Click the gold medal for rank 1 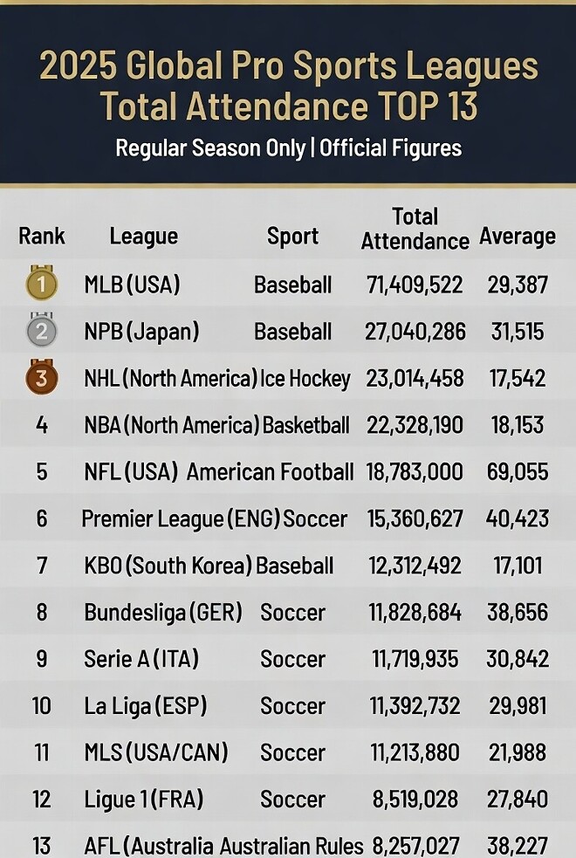tap(42, 283)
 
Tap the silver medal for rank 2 tap(42, 330)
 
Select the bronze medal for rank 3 tap(42, 377)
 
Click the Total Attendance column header tap(415, 229)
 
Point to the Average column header tap(518, 237)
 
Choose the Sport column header tap(292, 237)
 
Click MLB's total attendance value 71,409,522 tap(415, 285)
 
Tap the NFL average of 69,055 tap(518, 472)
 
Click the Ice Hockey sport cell tap(305, 379)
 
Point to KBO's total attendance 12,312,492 tap(415, 566)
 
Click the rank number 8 tap(42, 613)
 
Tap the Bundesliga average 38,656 tap(518, 613)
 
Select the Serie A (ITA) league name tap(141, 660)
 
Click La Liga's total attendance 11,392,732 tap(415, 706)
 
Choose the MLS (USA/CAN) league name tap(156, 753)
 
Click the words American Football tap(271, 472)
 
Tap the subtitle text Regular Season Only tap(210, 148)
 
